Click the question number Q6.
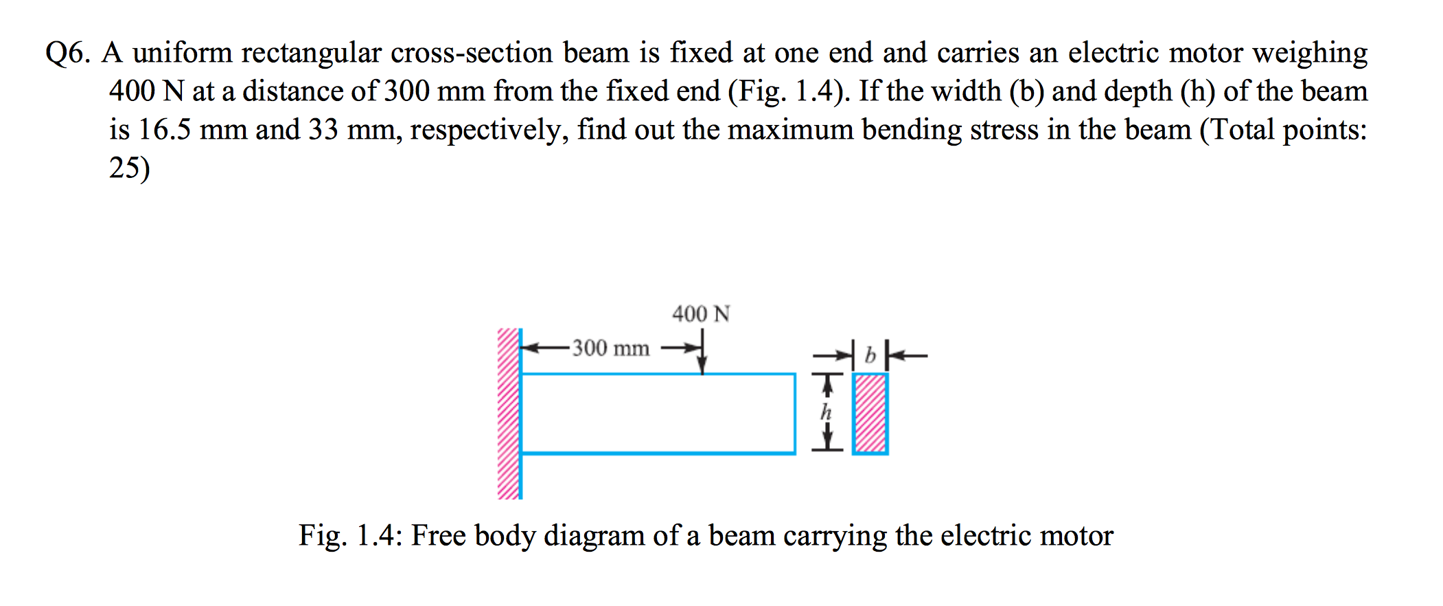point(67,54)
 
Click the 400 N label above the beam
point(701,314)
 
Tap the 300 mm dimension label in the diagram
point(611,348)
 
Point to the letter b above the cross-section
point(870,355)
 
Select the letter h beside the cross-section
point(826,412)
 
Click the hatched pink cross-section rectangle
point(870,414)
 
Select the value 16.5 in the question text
point(164,130)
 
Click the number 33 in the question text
point(323,130)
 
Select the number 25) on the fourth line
point(129,168)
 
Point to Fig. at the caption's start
point(323,536)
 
